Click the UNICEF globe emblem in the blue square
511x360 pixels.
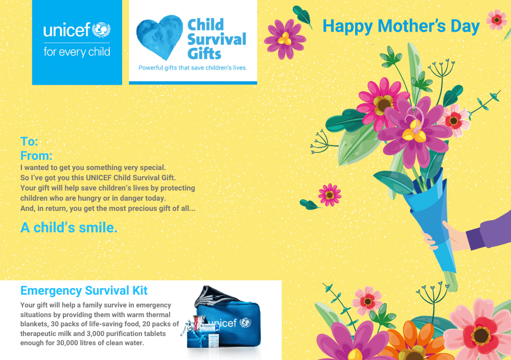click(x=101, y=30)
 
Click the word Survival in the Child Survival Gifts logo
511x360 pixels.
click(x=217, y=39)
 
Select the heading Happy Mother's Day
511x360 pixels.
click(x=401, y=27)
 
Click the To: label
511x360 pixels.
click(x=29, y=141)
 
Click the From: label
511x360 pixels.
click(x=36, y=156)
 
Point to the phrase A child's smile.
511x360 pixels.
click(x=69, y=227)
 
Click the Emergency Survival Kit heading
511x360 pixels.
click(x=84, y=290)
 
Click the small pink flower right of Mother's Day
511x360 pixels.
click(x=496, y=20)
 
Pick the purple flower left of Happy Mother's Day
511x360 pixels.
click(x=285, y=39)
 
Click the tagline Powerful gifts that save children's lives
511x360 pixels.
click(x=193, y=68)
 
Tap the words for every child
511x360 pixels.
click(x=77, y=52)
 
